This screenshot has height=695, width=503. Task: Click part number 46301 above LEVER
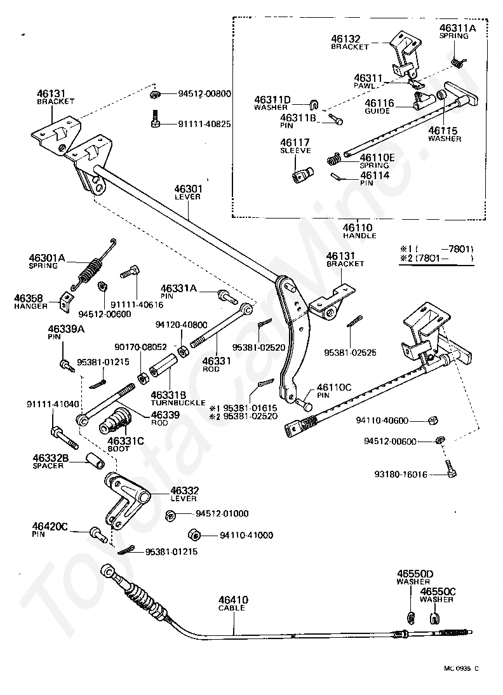click(188, 189)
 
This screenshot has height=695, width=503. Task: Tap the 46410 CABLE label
click(233, 604)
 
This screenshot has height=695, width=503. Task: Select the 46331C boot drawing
click(115, 421)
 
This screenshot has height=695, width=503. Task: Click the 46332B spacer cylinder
click(95, 461)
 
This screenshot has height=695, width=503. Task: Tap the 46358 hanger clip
click(66, 302)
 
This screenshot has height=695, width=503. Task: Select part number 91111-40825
click(205, 125)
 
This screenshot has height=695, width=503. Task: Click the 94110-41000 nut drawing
click(194, 534)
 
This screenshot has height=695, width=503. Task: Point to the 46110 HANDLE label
click(359, 231)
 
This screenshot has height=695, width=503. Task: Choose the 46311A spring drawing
click(459, 62)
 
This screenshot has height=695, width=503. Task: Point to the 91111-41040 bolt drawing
click(65, 438)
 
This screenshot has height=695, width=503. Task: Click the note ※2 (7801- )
click(436, 259)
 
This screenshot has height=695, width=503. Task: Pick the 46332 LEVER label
click(184, 494)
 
